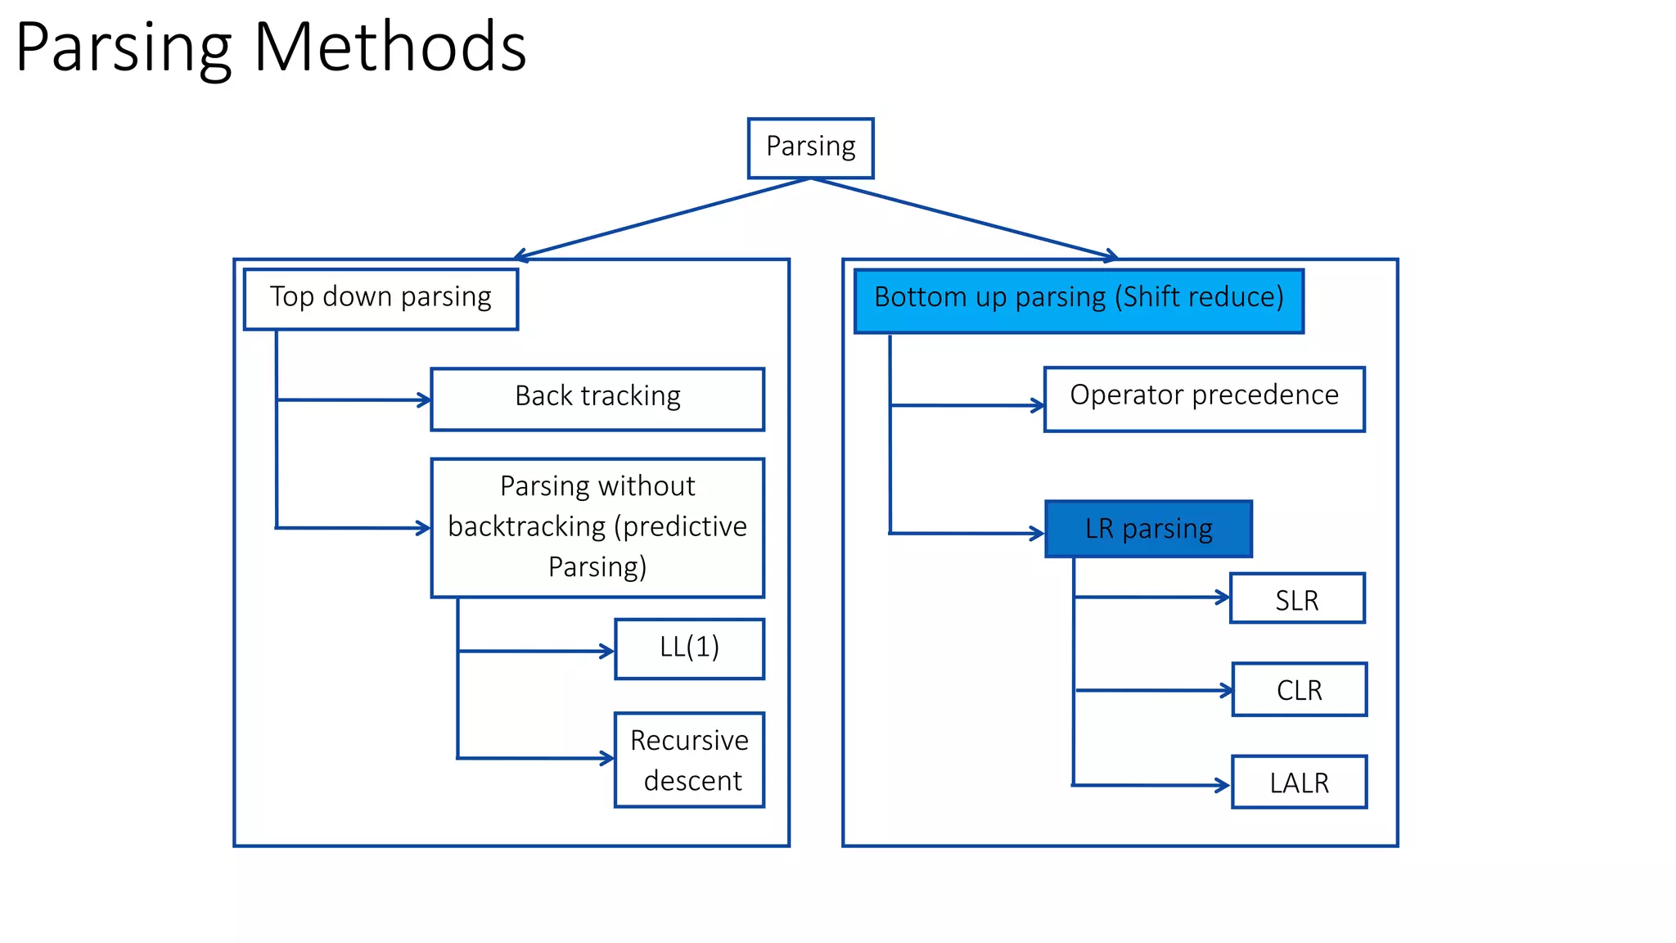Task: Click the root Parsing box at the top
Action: tap(810, 147)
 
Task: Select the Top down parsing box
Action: tap(381, 299)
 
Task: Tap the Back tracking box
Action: tap(597, 399)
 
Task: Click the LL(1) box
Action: tap(689, 648)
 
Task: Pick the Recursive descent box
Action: tap(689, 760)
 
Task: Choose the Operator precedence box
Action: tap(1204, 399)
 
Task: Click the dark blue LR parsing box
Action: tap(1148, 529)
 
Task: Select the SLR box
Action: tap(1297, 598)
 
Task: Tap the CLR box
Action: tap(1299, 689)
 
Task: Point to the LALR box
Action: tap(1299, 782)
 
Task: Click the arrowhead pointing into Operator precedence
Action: tap(1038, 405)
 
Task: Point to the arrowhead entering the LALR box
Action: tap(1224, 786)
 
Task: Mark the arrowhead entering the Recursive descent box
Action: tap(608, 759)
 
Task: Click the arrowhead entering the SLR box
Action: tap(1224, 598)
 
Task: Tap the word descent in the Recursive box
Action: tap(692, 781)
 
